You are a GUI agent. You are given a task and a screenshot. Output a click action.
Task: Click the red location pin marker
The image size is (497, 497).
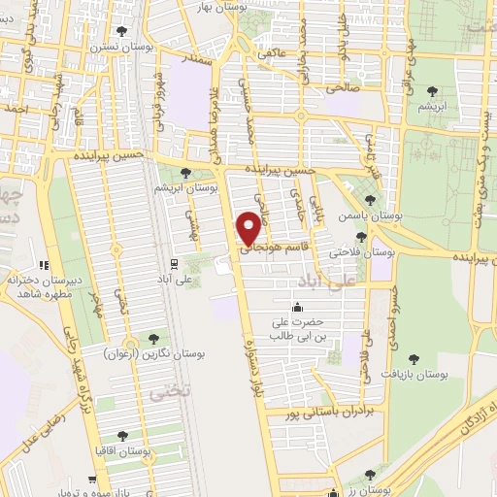(249, 227)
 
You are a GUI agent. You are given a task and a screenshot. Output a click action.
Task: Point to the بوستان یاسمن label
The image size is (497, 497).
(370, 216)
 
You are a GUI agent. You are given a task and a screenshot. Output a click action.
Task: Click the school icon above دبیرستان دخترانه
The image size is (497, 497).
(43, 264)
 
